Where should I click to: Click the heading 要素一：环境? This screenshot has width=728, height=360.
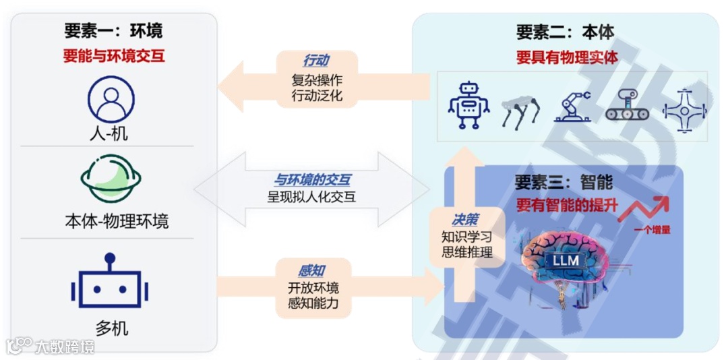click(x=113, y=31)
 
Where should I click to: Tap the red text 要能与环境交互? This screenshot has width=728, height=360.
click(x=113, y=56)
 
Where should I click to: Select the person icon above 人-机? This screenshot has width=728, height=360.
click(x=111, y=99)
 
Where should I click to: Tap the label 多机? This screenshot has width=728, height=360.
click(x=112, y=329)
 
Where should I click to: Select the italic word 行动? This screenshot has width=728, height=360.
click(x=316, y=61)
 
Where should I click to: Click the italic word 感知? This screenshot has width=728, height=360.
click(x=311, y=271)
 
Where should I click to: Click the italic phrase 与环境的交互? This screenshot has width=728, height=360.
click(x=311, y=180)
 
